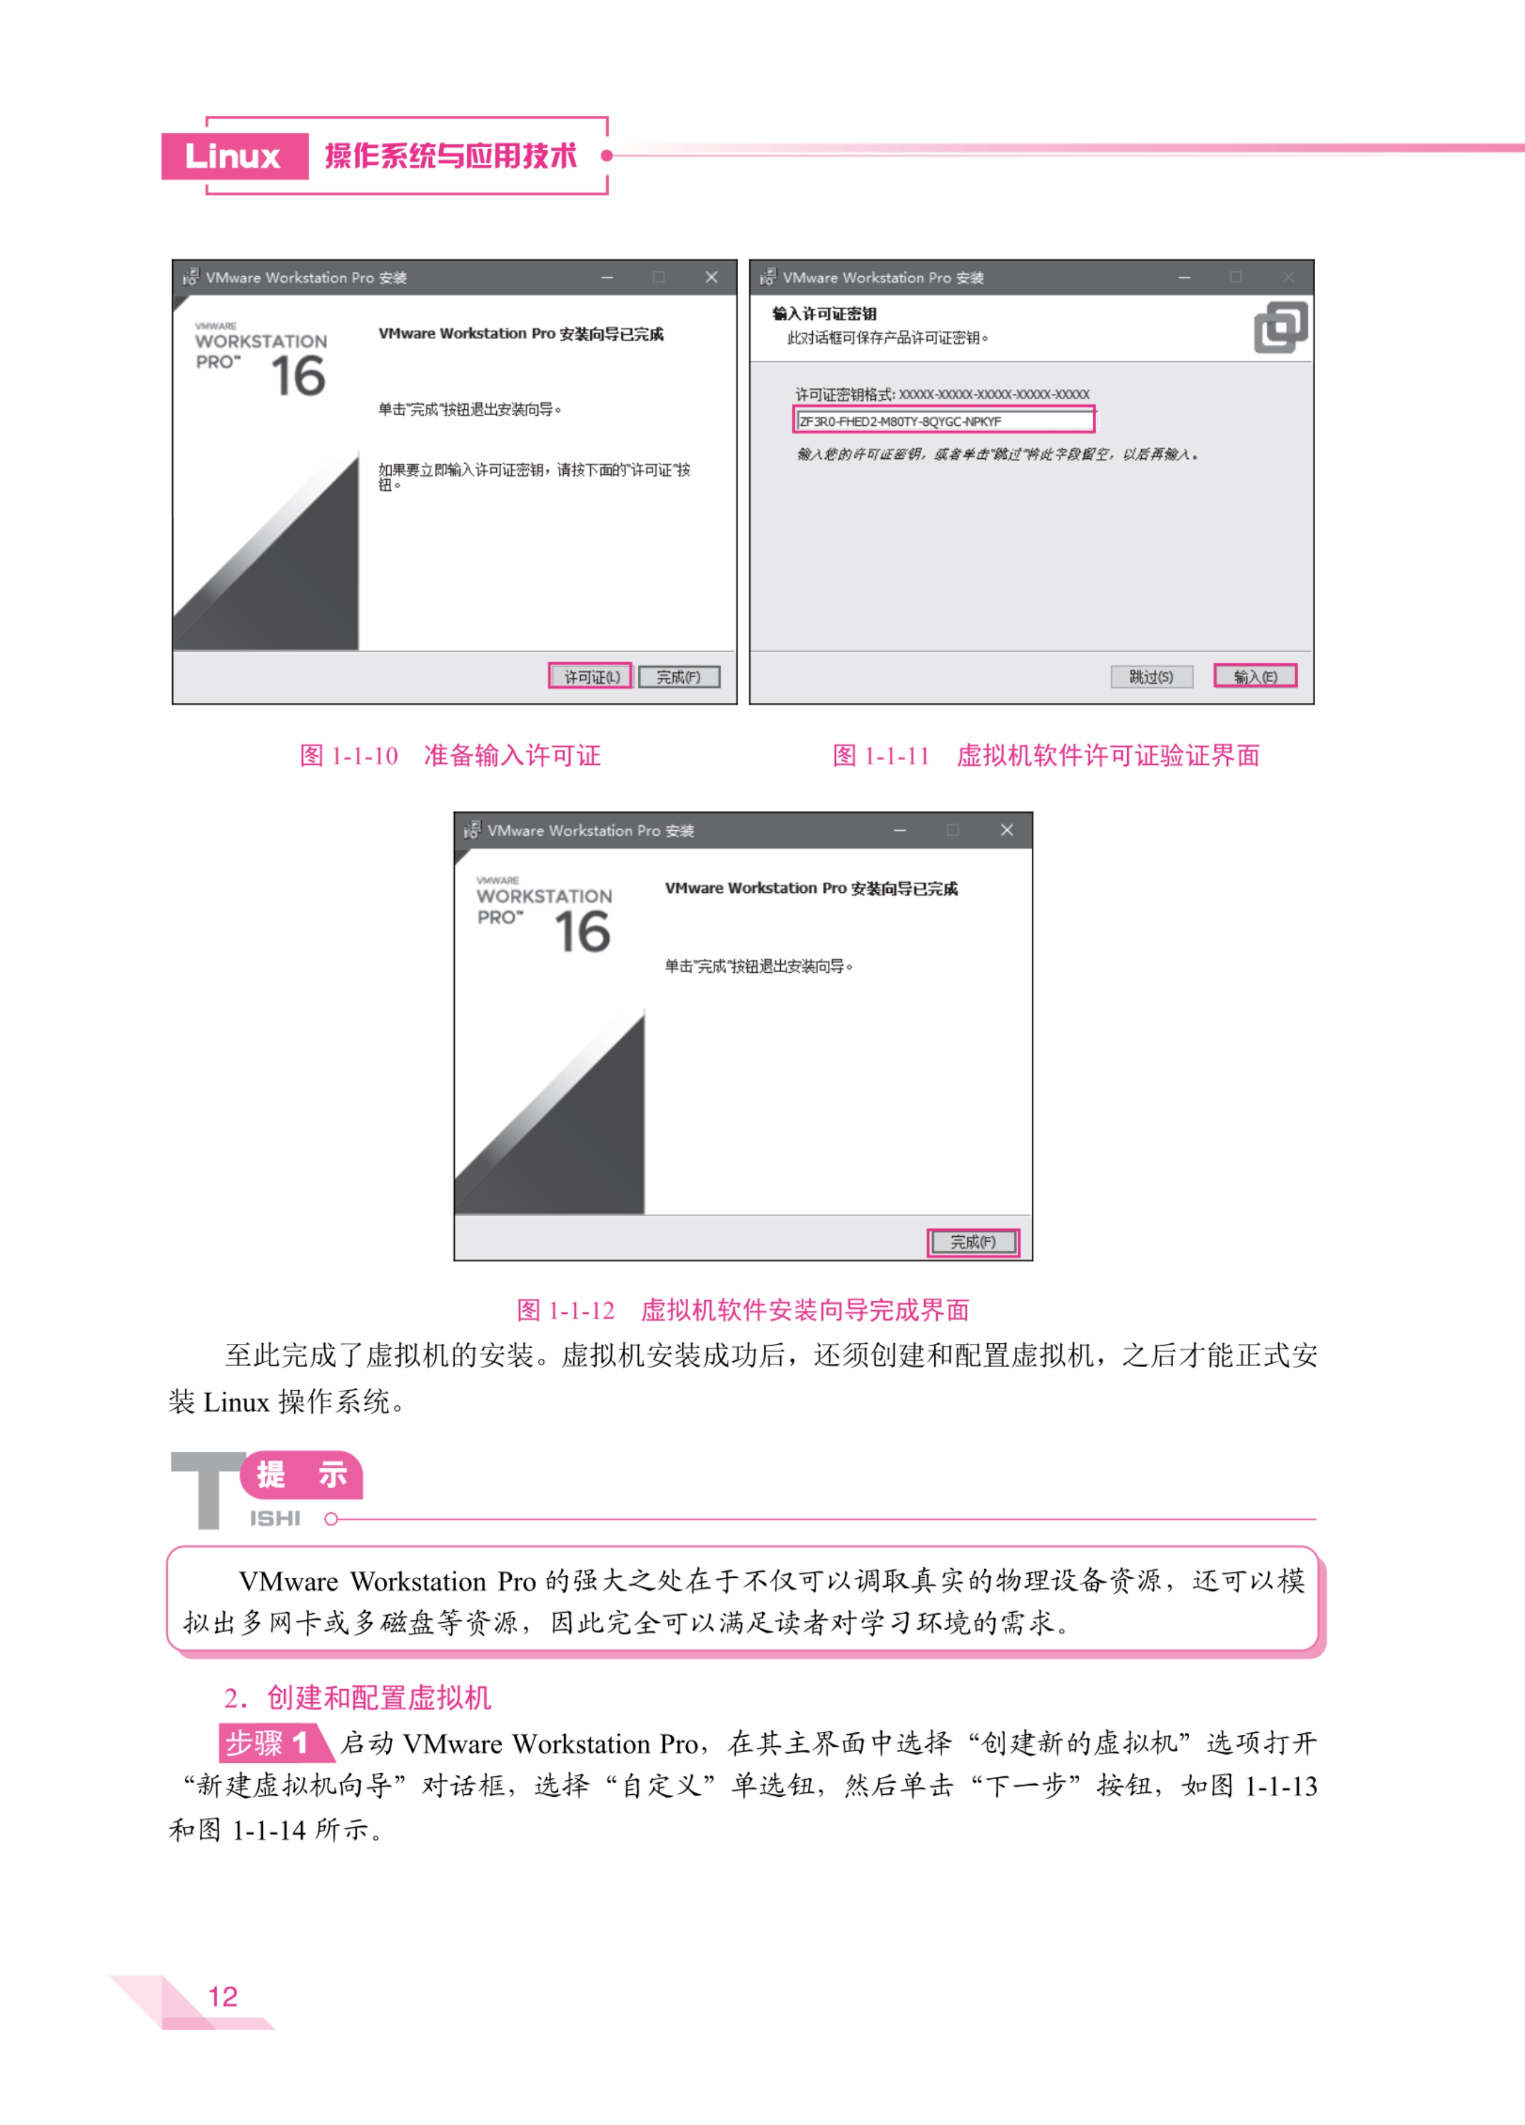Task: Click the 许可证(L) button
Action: coord(591,676)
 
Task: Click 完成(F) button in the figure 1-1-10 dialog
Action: coord(679,676)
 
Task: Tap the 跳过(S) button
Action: coord(1151,676)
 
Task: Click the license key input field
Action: coord(944,421)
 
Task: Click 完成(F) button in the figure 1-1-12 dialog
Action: coord(973,1242)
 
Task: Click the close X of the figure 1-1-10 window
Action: coord(712,277)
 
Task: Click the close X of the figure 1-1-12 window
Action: coord(1006,830)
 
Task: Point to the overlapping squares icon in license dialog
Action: coord(1280,327)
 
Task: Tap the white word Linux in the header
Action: coord(232,156)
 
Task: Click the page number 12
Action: coord(223,1997)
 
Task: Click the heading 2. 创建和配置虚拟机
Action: coord(357,1697)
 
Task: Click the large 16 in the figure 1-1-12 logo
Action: coord(582,931)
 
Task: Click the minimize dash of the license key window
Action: coord(1185,277)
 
